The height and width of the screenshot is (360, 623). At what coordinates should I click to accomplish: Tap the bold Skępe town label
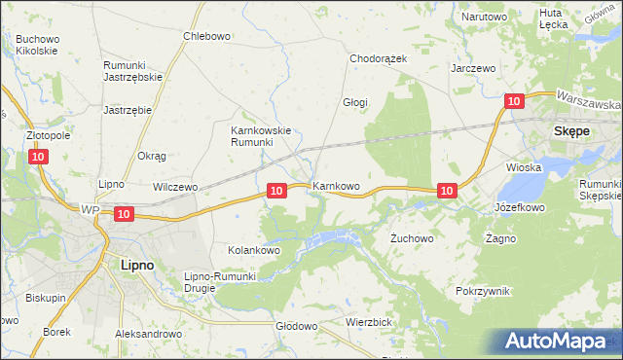tap(574, 129)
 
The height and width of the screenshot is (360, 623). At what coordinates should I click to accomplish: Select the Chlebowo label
tap(206, 36)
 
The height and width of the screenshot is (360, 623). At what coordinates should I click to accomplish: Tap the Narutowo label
tap(485, 18)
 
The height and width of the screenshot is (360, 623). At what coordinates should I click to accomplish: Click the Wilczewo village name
tap(175, 186)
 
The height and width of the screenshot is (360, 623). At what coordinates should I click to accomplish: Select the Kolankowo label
tap(254, 250)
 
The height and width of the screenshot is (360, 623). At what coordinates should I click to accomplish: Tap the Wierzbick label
tap(368, 321)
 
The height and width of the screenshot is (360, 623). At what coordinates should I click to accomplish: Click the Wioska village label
tap(524, 167)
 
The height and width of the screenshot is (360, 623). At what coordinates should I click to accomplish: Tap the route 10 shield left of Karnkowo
tap(276, 191)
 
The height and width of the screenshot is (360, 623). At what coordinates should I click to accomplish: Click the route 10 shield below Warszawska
tap(515, 100)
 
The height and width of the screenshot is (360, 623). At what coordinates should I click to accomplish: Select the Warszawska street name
tap(589, 101)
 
